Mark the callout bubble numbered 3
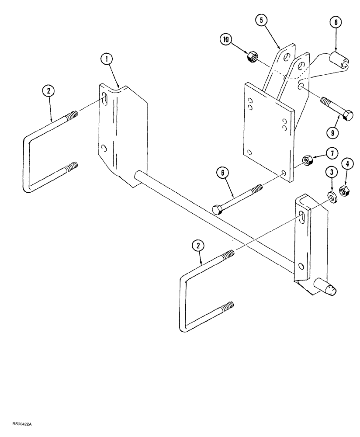click(x=332, y=172)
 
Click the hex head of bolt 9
click(x=348, y=117)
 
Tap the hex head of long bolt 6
click(x=217, y=209)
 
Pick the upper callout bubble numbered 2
click(x=48, y=91)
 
